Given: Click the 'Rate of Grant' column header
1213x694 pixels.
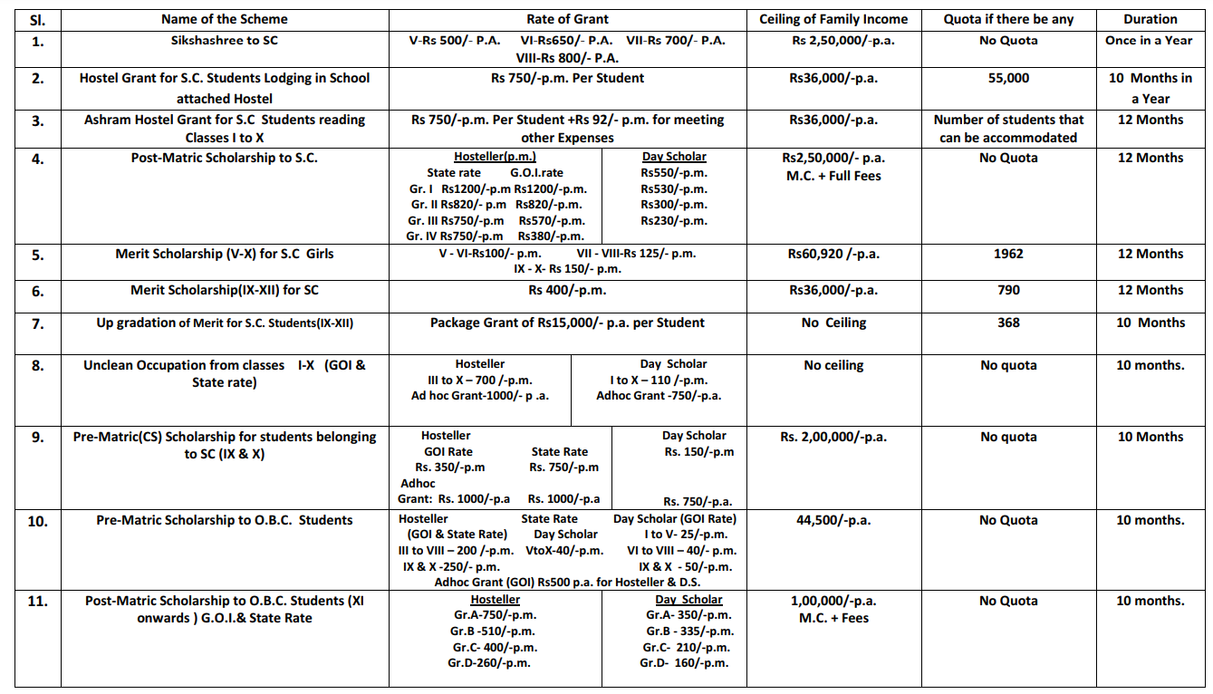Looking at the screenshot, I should pyautogui.click(x=567, y=19).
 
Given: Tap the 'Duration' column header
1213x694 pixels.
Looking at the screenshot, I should pyautogui.click(x=1150, y=19).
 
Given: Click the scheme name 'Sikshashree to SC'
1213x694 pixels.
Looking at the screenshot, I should pyautogui.click(x=224, y=41).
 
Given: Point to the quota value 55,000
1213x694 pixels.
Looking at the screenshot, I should pyautogui.click(x=1008, y=78).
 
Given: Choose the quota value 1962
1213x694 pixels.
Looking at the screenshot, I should pyautogui.click(x=1008, y=254).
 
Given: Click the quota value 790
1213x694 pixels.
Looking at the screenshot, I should pyautogui.click(x=1008, y=290).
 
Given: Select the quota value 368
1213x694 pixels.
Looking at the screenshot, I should pyautogui.click(x=1008, y=323).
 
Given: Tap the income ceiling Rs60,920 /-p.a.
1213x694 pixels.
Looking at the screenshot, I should pyautogui.click(x=833, y=254).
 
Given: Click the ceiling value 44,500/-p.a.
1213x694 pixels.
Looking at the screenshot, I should pyautogui.click(x=833, y=520).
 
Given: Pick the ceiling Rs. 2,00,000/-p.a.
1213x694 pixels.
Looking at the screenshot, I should pyautogui.click(x=833, y=437).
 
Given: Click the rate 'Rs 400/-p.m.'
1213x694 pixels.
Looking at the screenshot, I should pyautogui.click(x=567, y=290).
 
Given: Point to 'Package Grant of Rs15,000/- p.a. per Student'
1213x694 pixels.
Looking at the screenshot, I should pyautogui.click(x=567, y=323).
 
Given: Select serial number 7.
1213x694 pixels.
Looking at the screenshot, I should pyautogui.click(x=38, y=323).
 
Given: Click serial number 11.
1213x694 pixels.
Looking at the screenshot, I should pyautogui.click(x=38, y=602).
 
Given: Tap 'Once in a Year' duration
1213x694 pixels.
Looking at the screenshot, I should pyautogui.click(x=1149, y=41).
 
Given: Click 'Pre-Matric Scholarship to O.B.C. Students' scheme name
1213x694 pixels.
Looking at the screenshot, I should pyautogui.click(x=225, y=520).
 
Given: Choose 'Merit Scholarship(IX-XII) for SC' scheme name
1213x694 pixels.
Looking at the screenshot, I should pyautogui.click(x=225, y=290).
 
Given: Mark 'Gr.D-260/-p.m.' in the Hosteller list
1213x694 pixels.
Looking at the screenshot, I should pyautogui.click(x=489, y=663).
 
